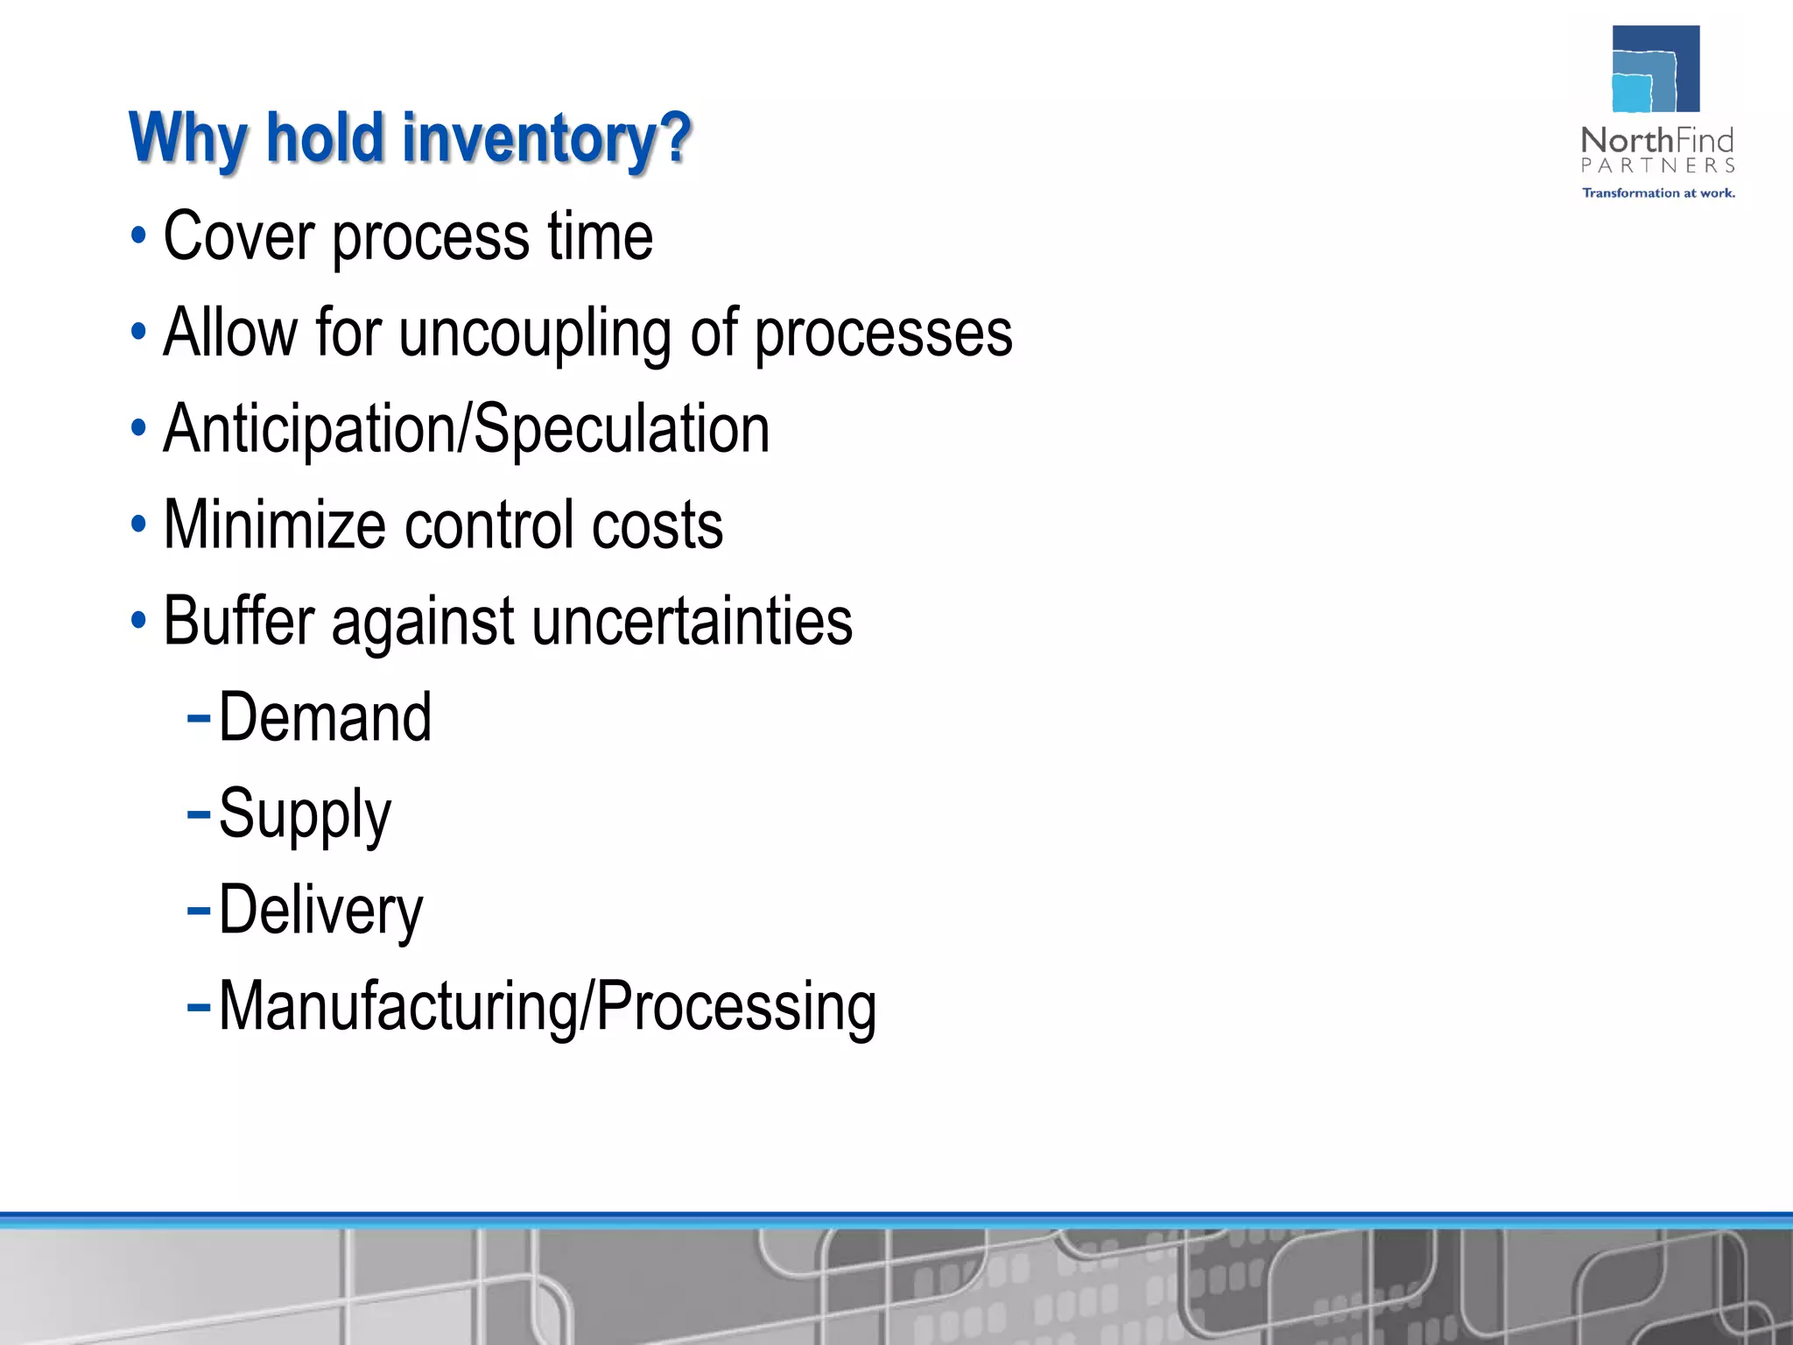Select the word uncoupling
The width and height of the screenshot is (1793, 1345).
coord(534,334)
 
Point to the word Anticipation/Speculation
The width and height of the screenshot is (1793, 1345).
coord(467,429)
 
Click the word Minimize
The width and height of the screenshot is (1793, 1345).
coord(274,525)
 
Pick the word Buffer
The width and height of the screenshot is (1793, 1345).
coord(238,622)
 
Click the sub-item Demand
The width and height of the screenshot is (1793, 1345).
coord(325,718)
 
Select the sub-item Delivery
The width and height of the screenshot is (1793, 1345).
coord(320,911)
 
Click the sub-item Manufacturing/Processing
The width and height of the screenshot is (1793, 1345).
coord(547,1007)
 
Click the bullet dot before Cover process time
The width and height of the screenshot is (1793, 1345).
coord(138,236)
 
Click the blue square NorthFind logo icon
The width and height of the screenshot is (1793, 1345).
coord(1656,68)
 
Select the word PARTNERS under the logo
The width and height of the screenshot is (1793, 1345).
coord(1657,165)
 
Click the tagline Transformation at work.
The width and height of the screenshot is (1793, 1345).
coord(1658,193)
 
